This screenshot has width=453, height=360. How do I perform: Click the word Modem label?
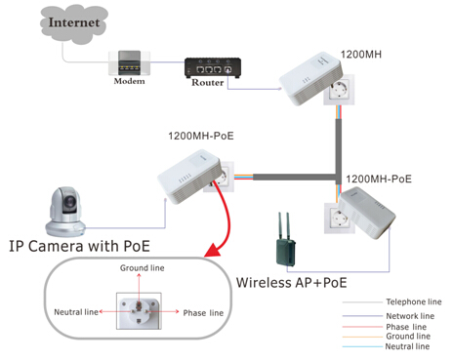pos(128,83)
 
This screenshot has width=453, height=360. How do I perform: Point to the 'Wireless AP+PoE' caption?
pos(290,283)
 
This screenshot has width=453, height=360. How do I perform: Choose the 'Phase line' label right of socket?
pos(203,313)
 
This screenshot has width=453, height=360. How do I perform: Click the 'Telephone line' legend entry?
pos(414,302)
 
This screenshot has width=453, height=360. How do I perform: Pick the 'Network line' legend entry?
pos(410,316)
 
